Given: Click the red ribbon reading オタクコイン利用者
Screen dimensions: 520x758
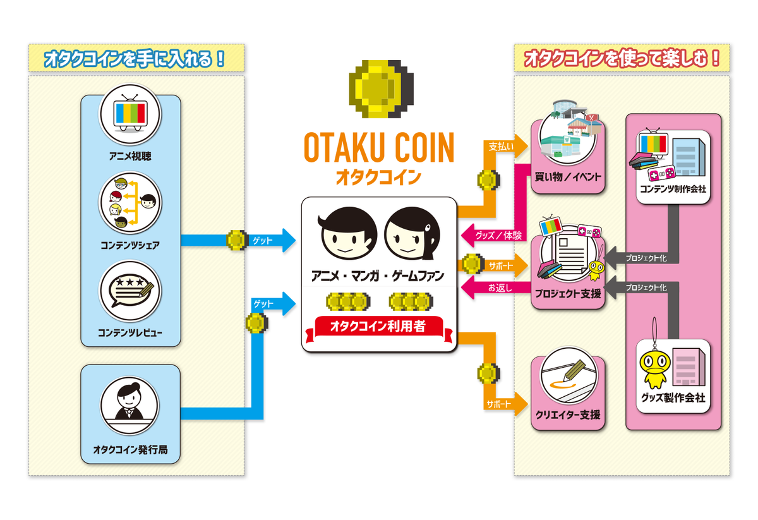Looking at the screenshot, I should pos(378,327).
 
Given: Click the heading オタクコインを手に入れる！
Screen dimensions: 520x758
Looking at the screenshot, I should pos(135,59).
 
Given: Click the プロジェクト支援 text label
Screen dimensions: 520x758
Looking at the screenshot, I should pos(568,294).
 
